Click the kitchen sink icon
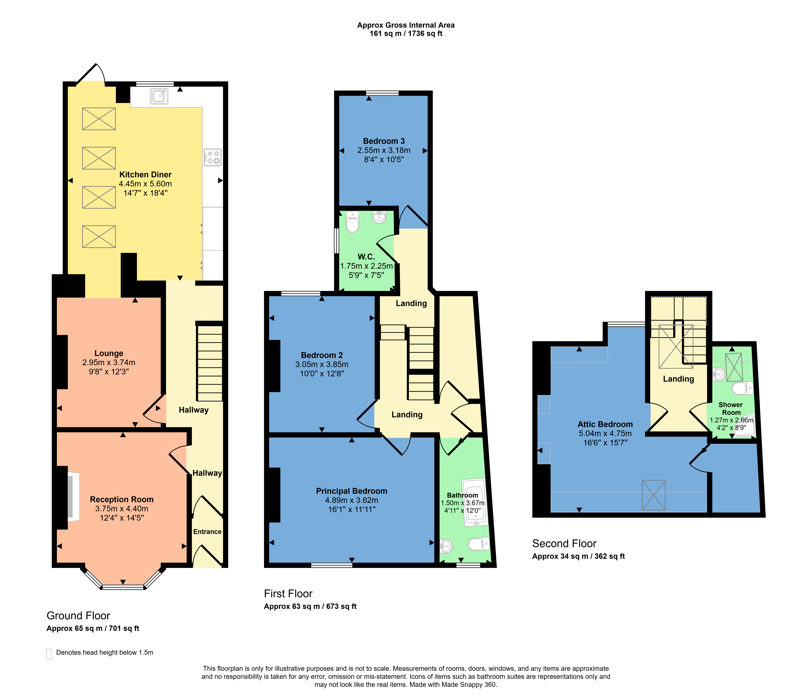pyautogui.click(x=159, y=96)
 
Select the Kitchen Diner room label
pyautogui.click(x=145, y=175)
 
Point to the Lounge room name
pyautogui.click(x=109, y=353)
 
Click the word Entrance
pyautogui.click(x=207, y=532)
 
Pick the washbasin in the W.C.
pyautogui.click(x=379, y=217)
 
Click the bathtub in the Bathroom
pyautogui.click(x=475, y=502)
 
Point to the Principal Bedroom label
pyautogui.click(x=352, y=491)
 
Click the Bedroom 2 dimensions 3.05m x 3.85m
pyautogui.click(x=322, y=364)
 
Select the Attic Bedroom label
pyautogui.click(x=605, y=424)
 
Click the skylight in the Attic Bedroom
pyautogui.click(x=654, y=495)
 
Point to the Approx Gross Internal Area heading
pyautogui.click(x=406, y=25)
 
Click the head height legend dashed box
pyautogui.click(x=49, y=654)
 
